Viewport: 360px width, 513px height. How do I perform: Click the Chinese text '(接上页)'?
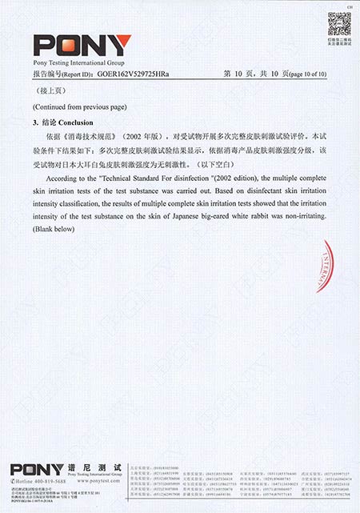point(45,91)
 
